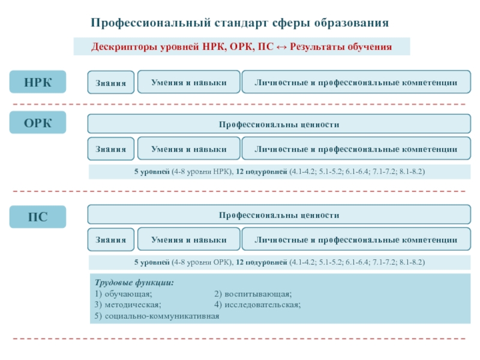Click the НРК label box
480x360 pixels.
point(38,82)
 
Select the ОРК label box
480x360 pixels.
point(38,122)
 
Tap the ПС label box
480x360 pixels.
point(38,217)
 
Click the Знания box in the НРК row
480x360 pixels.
point(111,82)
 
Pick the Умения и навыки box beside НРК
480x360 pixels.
point(189,82)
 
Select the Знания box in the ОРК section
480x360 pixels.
point(111,149)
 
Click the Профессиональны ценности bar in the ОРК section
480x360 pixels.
point(279,124)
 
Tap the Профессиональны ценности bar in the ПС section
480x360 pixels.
point(279,215)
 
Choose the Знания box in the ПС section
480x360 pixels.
point(111,239)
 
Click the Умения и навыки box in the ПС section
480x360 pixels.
point(189,239)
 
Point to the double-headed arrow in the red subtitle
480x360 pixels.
point(281,47)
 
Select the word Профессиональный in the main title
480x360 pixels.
point(151,23)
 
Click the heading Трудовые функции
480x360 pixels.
point(134,282)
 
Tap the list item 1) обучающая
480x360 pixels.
point(124,294)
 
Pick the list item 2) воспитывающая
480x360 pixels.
point(253,294)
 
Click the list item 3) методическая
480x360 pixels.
point(128,305)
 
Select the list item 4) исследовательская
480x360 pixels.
point(257,305)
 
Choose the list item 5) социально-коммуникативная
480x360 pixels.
point(157,316)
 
